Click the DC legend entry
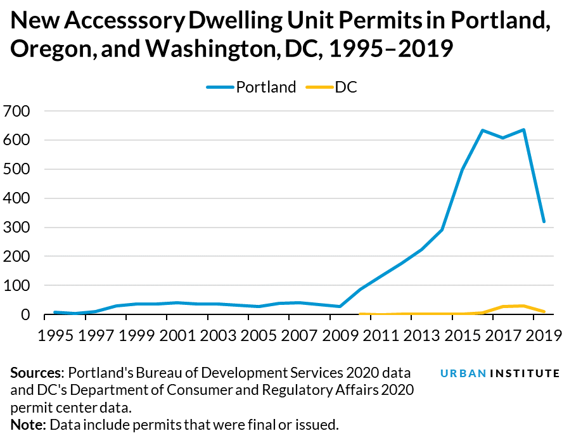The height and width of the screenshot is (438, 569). click(x=346, y=87)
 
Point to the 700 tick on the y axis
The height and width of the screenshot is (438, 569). click(x=17, y=112)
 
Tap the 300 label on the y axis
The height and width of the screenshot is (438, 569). click(x=17, y=228)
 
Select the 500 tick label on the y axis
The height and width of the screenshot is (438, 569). click(x=17, y=169)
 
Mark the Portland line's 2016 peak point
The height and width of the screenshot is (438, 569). click(x=482, y=131)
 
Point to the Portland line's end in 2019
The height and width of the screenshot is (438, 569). click(x=543, y=222)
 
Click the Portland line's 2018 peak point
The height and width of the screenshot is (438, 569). click(x=523, y=130)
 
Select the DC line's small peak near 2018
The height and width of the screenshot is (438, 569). click(x=522, y=306)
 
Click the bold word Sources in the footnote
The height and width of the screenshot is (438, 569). click(x=36, y=373)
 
